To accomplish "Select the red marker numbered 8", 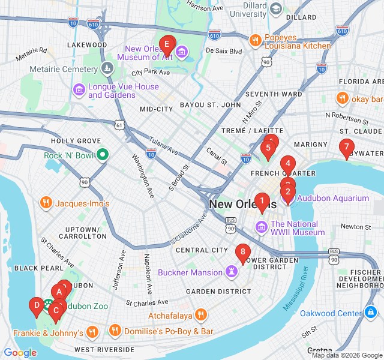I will pyautogui.click(x=242, y=253).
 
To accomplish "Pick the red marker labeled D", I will pyautogui.click(x=36, y=307).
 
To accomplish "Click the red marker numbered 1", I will pyautogui.click(x=262, y=202).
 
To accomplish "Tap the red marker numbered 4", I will pyautogui.click(x=288, y=164).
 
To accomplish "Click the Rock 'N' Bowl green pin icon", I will pyautogui.click(x=103, y=155).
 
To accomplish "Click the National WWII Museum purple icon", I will pyautogui.click(x=260, y=227).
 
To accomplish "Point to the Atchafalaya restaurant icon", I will pyautogui.click(x=201, y=314).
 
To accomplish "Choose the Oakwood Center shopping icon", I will pyautogui.click(x=371, y=313).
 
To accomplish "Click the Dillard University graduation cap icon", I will pyautogui.click(x=275, y=8).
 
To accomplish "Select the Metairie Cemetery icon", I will pyautogui.click(x=107, y=69).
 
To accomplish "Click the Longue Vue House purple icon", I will pyautogui.click(x=79, y=90).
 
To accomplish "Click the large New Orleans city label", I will pyautogui.click(x=243, y=205).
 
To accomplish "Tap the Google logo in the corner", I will pyautogui.click(x=20, y=353).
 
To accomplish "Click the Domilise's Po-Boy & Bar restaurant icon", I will pyautogui.click(x=115, y=331).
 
